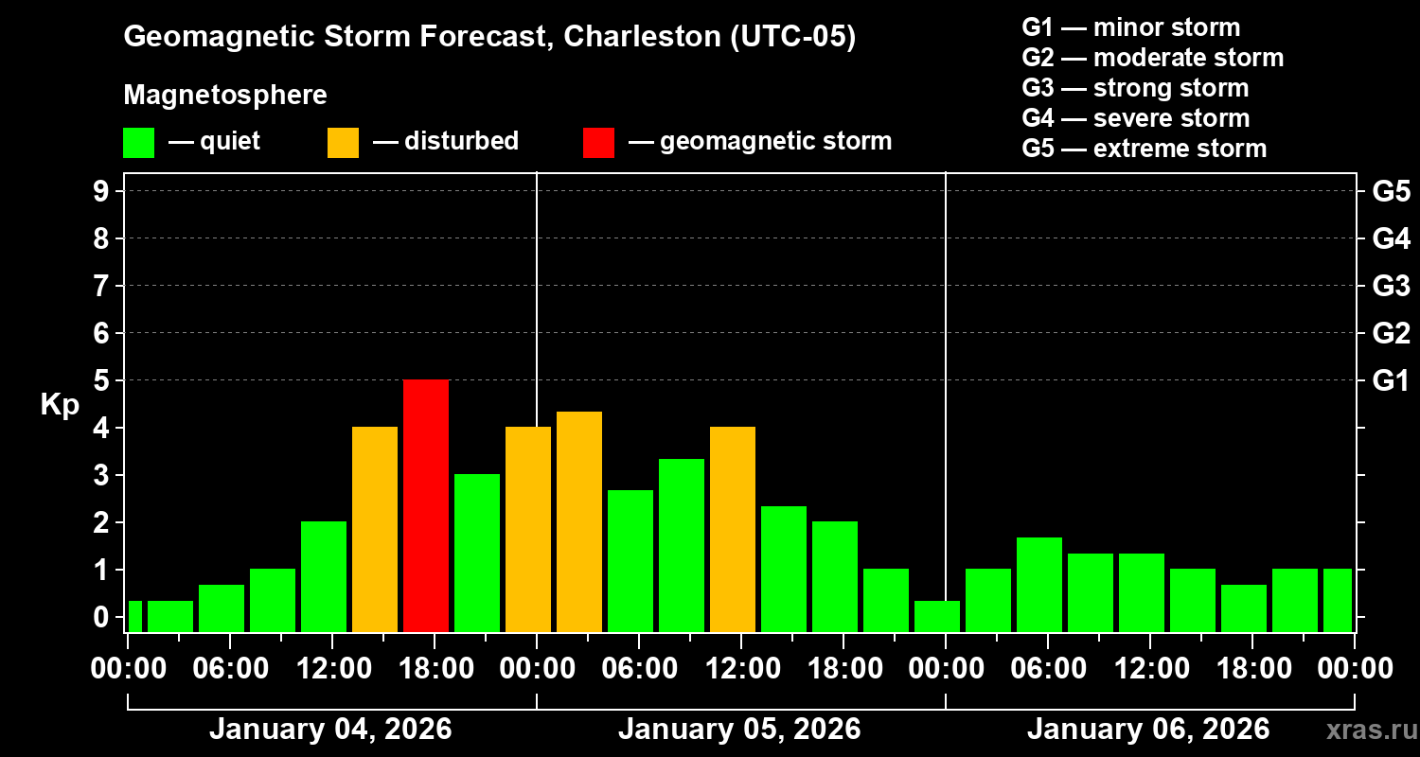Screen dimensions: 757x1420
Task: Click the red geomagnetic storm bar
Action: click(x=426, y=505)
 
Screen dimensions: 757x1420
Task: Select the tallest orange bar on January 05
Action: click(x=579, y=521)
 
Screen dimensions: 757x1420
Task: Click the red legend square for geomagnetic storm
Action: click(x=598, y=142)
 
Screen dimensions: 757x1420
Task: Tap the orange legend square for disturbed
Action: click(x=343, y=142)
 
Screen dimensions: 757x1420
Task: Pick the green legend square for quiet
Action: click(x=138, y=142)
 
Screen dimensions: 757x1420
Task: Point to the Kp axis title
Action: click(x=60, y=405)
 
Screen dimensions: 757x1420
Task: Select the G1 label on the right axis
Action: click(x=1391, y=381)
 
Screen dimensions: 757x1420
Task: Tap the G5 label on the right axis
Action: click(x=1391, y=192)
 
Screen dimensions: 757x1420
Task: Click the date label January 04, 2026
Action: click(x=330, y=730)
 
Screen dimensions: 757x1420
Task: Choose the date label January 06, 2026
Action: click(x=1148, y=730)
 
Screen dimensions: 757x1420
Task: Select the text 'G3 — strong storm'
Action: click(x=1135, y=88)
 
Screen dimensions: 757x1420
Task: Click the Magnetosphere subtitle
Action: click(x=225, y=96)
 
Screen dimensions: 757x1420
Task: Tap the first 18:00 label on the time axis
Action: click(x=435, y=669)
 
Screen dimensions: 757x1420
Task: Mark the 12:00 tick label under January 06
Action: click(x=1149, y=669)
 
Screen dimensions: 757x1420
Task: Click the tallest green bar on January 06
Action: click(x=1039, y=584)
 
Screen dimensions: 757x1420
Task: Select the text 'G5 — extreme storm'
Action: click(x=1144, y=149)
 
